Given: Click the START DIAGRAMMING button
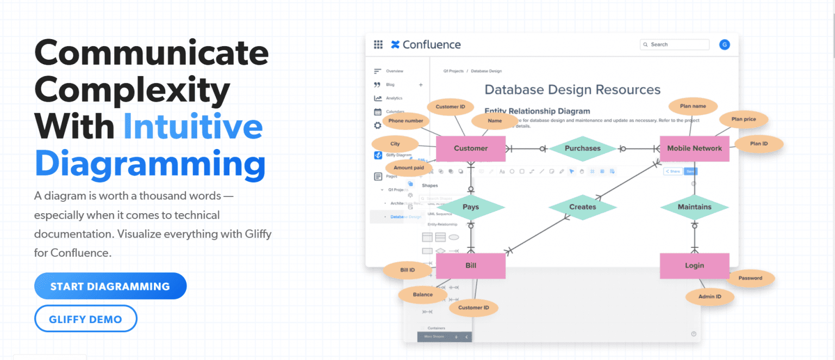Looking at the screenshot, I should pyautogui.click(x=110, y=286).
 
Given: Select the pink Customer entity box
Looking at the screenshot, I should pyautogui.click(x=471, y=148).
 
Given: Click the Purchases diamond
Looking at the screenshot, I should pyautogui.click(x=582, y=148).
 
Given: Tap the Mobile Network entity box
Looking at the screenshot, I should pyautogui.click(x=694, y=148).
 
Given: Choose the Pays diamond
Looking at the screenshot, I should pyautogui.click(x=471, y=207).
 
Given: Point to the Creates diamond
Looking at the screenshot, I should pyautogui.click(x=582, y=207).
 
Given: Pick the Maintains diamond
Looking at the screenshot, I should pyautogui.click(x=694, y=207).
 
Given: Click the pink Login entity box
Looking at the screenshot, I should pyautogui.click(x=694, y=266).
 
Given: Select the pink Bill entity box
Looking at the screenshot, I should pyautogui.click(x=471, y=266).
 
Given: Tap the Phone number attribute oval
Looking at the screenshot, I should pyautogui.click(x=406, y=121).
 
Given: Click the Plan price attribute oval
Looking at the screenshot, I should pyautogui.click(x=743, y=119).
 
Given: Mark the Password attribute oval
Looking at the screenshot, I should pyautogui.click(x=750, y=278).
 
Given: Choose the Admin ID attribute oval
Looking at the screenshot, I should pyautogui.click(x=710, y=296).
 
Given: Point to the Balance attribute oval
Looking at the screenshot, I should pyautogui.click(x=422, y=295).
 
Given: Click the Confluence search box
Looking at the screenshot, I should pyautogui.click(x=675, y=45).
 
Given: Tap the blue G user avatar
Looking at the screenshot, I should pyautogui.click(x=724, y=45).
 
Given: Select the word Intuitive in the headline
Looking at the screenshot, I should pyautogui.click(x=193, y=126).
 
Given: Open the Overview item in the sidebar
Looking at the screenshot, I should pyautogui.click(x=394, y=71).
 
